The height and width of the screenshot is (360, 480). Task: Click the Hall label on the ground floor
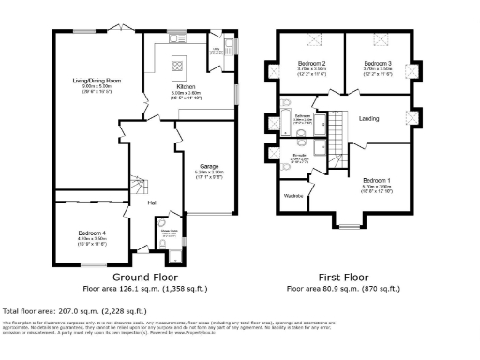pos(152,202)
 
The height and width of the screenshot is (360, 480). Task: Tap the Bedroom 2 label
pos(310,64)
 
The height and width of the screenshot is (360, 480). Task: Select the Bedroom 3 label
pos(379,64)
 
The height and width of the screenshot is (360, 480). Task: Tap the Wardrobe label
pos(294,196)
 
